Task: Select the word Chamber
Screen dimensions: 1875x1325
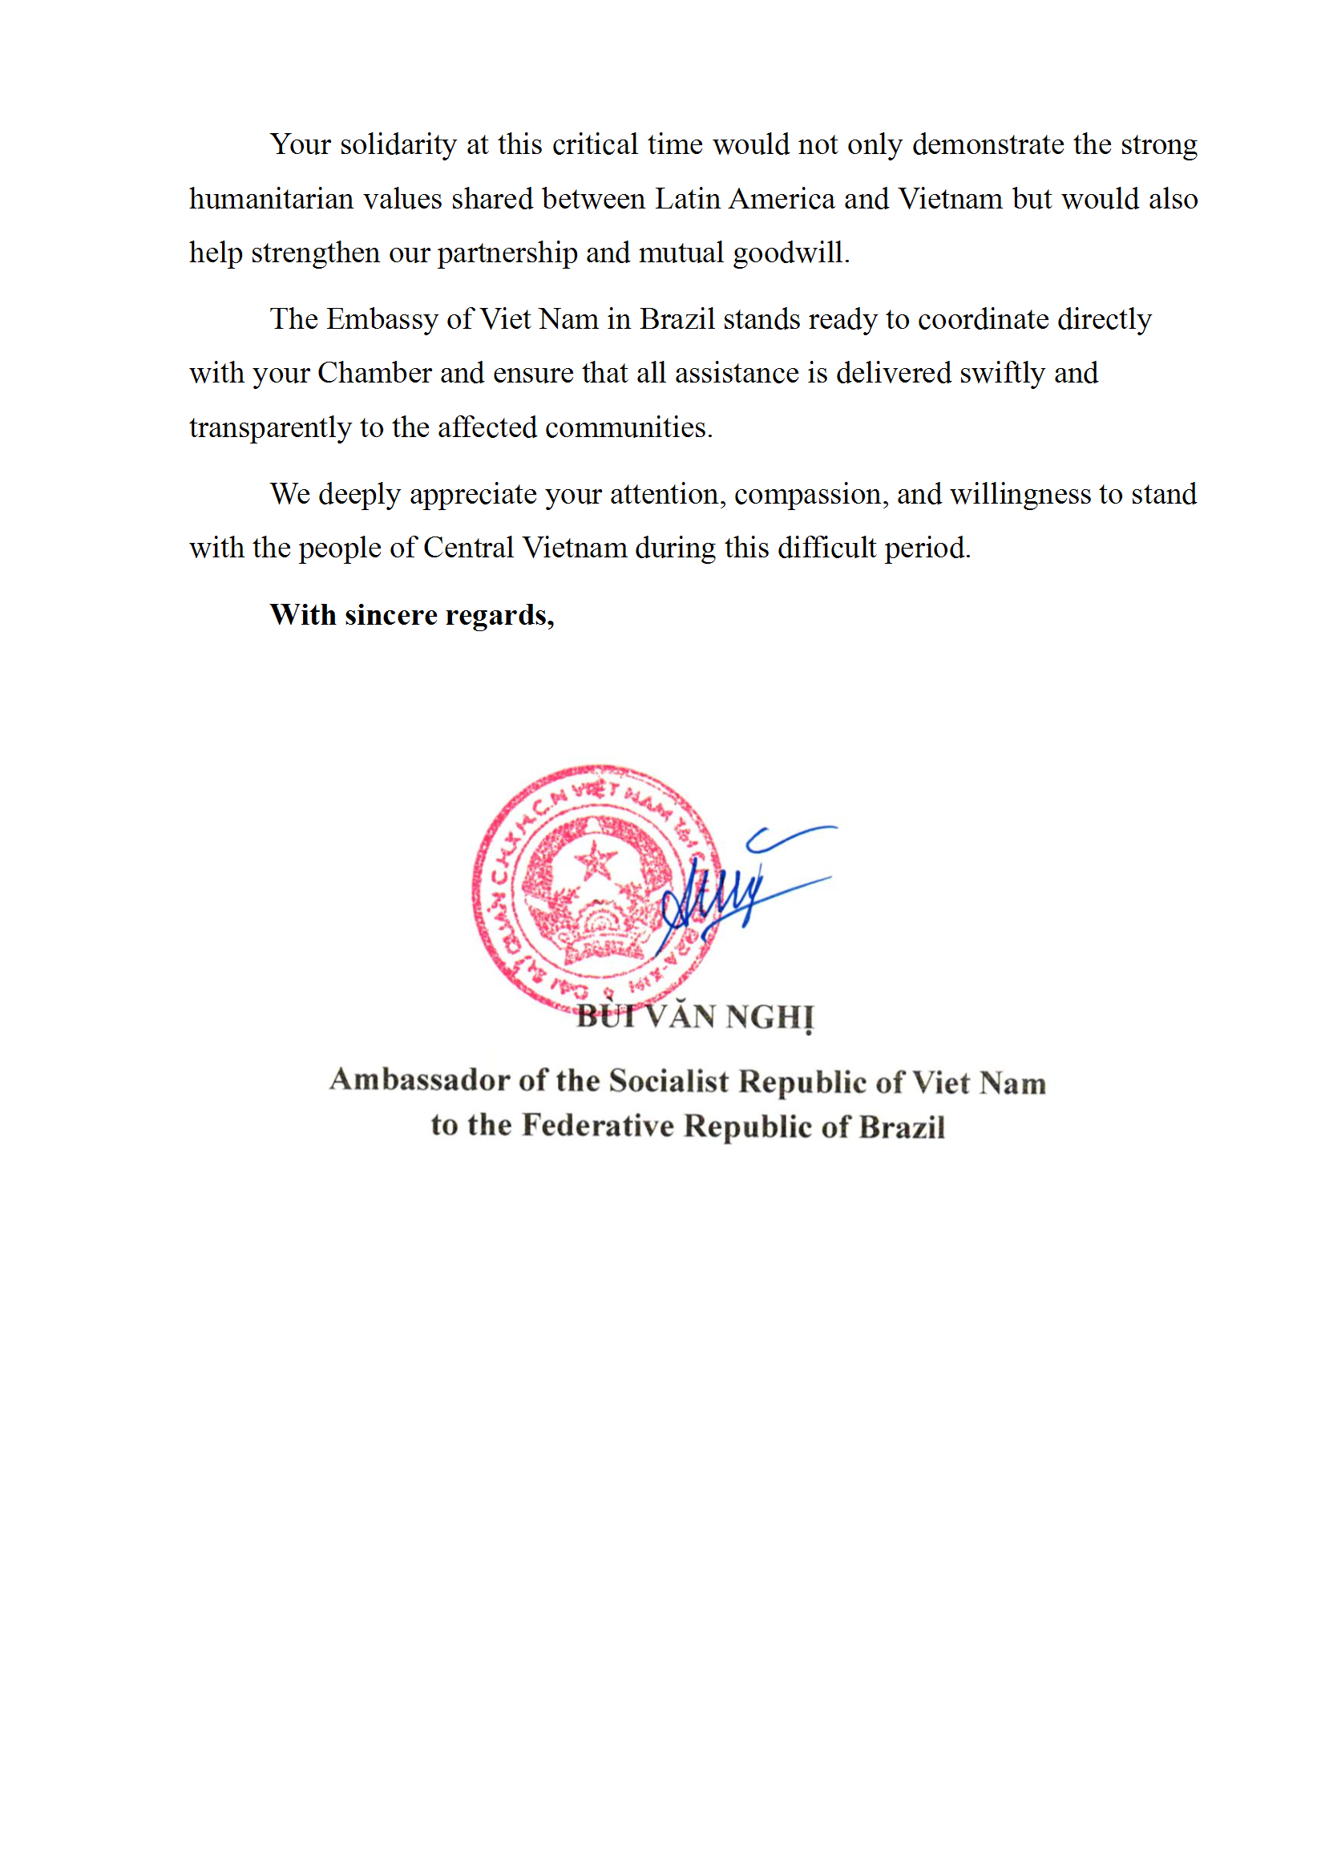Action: (374, 373)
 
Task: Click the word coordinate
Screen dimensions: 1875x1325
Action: (983, 319)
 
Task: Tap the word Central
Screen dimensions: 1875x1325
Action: (468, 548)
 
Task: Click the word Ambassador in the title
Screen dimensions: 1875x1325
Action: (418, 1079)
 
